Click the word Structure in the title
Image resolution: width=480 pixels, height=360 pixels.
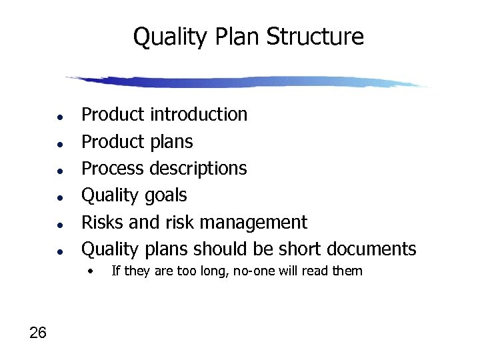(315, 37)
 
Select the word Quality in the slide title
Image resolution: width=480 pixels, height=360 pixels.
(170, 37)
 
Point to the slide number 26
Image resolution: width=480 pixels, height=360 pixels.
(38, 333)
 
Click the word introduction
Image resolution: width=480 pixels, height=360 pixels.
(199, 115)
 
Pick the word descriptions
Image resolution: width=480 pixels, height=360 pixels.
(198, 169)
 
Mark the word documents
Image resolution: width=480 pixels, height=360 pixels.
(372, 249)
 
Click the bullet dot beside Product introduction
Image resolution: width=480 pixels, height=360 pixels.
(60, 116)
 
